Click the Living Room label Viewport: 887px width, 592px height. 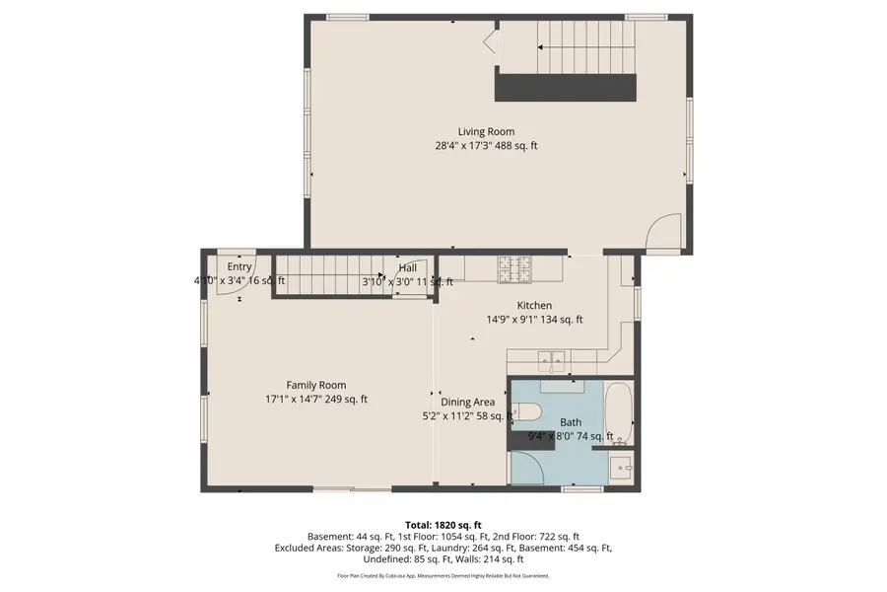point(485,131)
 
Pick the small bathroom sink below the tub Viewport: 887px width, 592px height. point(620,467)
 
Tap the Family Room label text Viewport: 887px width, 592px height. point(315,385)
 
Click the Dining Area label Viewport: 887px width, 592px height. point(467,402)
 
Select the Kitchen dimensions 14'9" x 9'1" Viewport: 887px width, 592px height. point(534,320)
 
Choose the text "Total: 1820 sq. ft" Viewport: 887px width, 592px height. point(443,524)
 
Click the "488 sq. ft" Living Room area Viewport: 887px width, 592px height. point(519,146)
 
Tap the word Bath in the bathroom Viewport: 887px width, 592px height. point(571,422)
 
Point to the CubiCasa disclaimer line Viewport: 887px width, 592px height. point(443,575)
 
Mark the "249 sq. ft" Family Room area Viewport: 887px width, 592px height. point(349,400)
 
